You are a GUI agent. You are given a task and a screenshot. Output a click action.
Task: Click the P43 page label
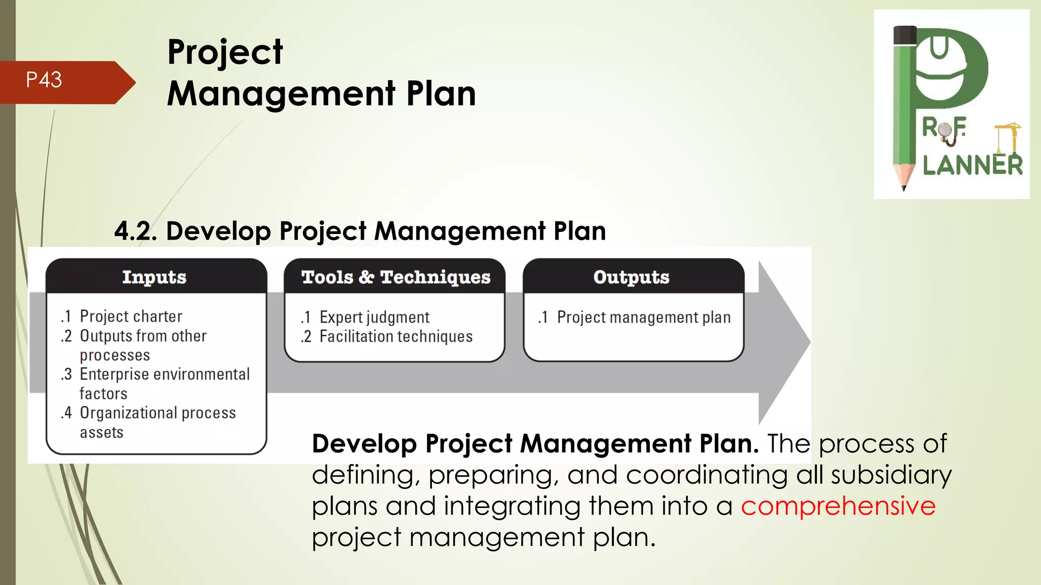(44, 80)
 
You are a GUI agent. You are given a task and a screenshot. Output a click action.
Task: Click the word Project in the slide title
(225, 52)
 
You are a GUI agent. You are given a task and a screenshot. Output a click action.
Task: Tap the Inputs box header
(154, 277)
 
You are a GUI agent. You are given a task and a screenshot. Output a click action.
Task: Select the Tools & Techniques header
(395, 277)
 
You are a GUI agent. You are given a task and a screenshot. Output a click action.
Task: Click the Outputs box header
(631, 277)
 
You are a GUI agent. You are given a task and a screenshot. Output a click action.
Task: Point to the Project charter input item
(131, 316)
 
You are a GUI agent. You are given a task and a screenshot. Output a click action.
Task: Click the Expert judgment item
(374, 317)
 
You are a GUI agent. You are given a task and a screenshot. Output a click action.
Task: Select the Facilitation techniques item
(395, 337)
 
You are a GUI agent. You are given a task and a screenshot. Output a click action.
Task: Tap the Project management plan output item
(643, 317)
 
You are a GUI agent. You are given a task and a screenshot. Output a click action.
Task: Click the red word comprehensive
(838, 506)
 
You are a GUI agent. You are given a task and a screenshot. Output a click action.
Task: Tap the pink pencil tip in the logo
(903, 178)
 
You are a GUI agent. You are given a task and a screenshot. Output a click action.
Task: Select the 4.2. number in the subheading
(135, 231)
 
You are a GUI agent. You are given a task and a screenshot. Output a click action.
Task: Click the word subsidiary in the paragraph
(891, 475)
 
